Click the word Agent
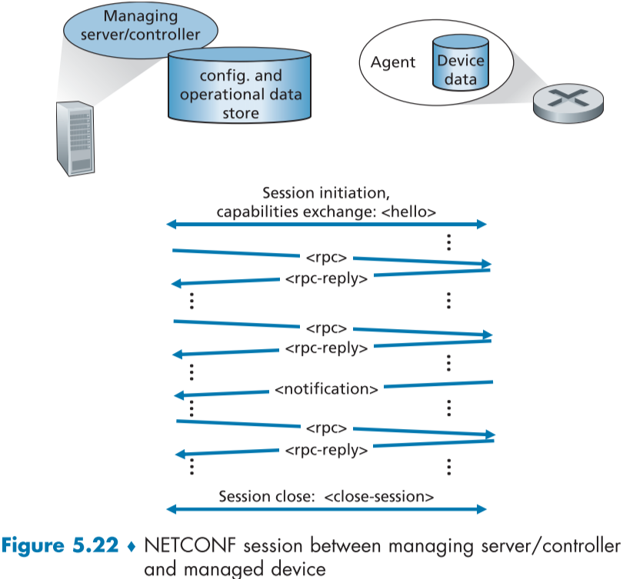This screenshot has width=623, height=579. coord(393,62)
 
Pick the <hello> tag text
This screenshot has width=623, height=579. coord(411,211)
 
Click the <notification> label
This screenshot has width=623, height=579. coord(326,389)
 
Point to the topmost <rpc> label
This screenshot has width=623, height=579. coord(326,255)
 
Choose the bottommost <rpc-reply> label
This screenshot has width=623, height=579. coord(325,449)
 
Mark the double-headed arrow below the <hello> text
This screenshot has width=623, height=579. coord(327,224)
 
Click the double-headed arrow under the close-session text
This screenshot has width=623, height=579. coord(327,509)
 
